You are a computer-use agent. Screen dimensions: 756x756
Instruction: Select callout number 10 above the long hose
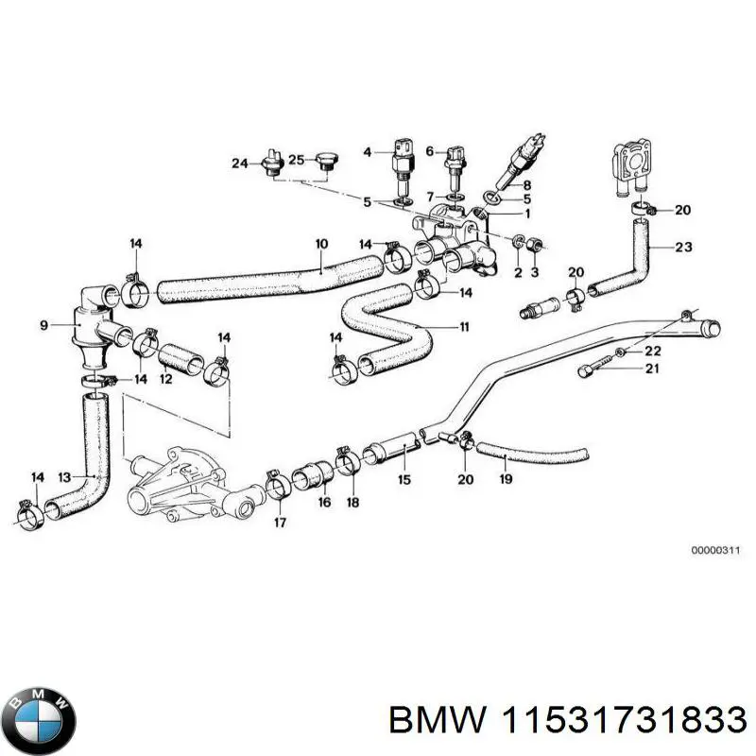pyautogui.click(x=321, y=244)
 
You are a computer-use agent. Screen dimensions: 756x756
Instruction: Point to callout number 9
pyautogui.click(x=43, y=327)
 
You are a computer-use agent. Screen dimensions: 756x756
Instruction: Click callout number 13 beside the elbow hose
pyautogui.click(x=64, y=476)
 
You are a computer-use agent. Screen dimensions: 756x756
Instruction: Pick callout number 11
pyautogui.click(x=464, y=328)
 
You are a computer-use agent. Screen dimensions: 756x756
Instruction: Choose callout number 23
pyautogui.click(x=683, y=249)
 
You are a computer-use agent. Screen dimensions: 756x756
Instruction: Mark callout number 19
pyautogui.click(x=506, y=479)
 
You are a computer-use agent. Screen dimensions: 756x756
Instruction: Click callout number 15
pyautogui.click(x=404, y=479)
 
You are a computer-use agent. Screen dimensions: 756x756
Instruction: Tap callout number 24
pyautogui.click(x=239, y=163)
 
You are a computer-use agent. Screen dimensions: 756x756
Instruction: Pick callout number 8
pyautogui.click(x=526, y=185)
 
